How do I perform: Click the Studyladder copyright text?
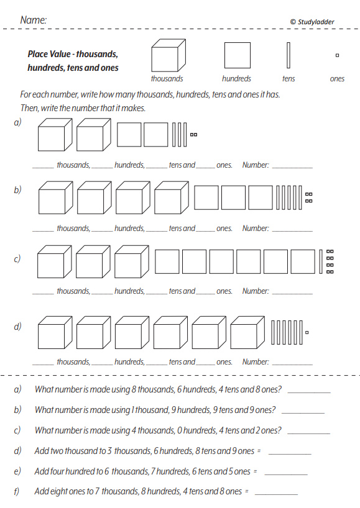coord(312,22)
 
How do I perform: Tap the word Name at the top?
coord(34,20)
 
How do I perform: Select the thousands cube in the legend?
coord(168,55)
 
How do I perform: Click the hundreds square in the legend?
coord(238,55)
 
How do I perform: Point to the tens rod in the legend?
coord(288,55)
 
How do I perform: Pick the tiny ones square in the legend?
coord(337,55)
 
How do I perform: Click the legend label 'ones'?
coord(337,79)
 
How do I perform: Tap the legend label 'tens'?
coord(288,79)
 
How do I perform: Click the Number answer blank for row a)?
coord(292,168)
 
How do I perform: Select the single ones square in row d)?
coord(307,332)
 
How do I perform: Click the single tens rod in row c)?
coord(321,261)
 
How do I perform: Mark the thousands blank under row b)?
coord(43,231)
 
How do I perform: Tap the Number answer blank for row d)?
coord(292,365)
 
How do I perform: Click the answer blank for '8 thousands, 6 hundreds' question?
coord(309,392)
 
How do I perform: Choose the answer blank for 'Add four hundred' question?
coord(286,474)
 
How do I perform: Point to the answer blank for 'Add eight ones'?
coord(276,495)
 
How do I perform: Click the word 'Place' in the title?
coord(38,54)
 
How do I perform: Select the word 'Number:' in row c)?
coord(256,291)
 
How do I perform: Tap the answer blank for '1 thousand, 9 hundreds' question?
coord(303,413)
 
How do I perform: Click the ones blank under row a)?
coord(205,168)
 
